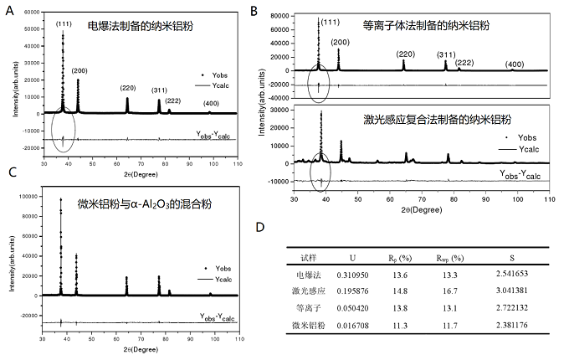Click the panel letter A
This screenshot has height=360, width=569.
[9, 9]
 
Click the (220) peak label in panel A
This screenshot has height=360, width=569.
[127, 87]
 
